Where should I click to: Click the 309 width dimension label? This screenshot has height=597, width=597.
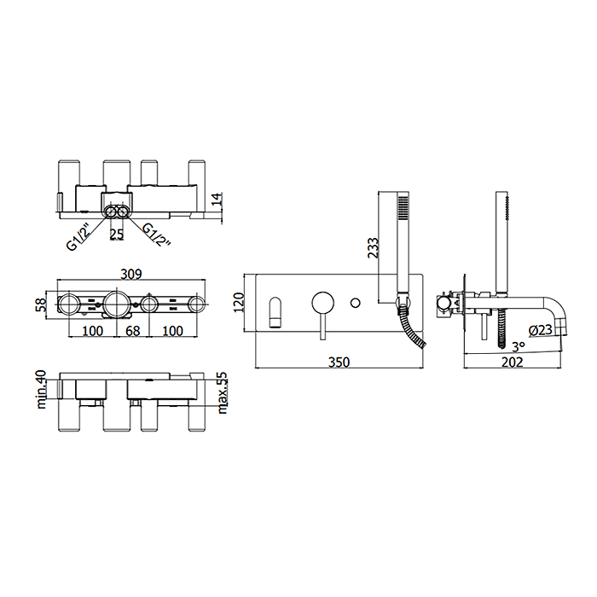click(131, 274)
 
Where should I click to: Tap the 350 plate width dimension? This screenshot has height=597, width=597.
click(339, 362)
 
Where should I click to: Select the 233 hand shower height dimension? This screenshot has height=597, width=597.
click(374, 247)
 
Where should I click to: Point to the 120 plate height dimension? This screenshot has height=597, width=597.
click(239, 303)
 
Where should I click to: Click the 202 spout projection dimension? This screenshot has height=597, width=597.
click(513, 362)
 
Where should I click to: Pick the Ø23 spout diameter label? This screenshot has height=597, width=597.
click(540, 330)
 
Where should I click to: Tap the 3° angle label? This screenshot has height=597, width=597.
click(519, 346)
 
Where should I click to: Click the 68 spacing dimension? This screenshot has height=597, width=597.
click(132, 331)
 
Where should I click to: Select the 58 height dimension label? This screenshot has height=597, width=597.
click(41, 304)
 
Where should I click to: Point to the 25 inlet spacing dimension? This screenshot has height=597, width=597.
click(117, 235)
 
